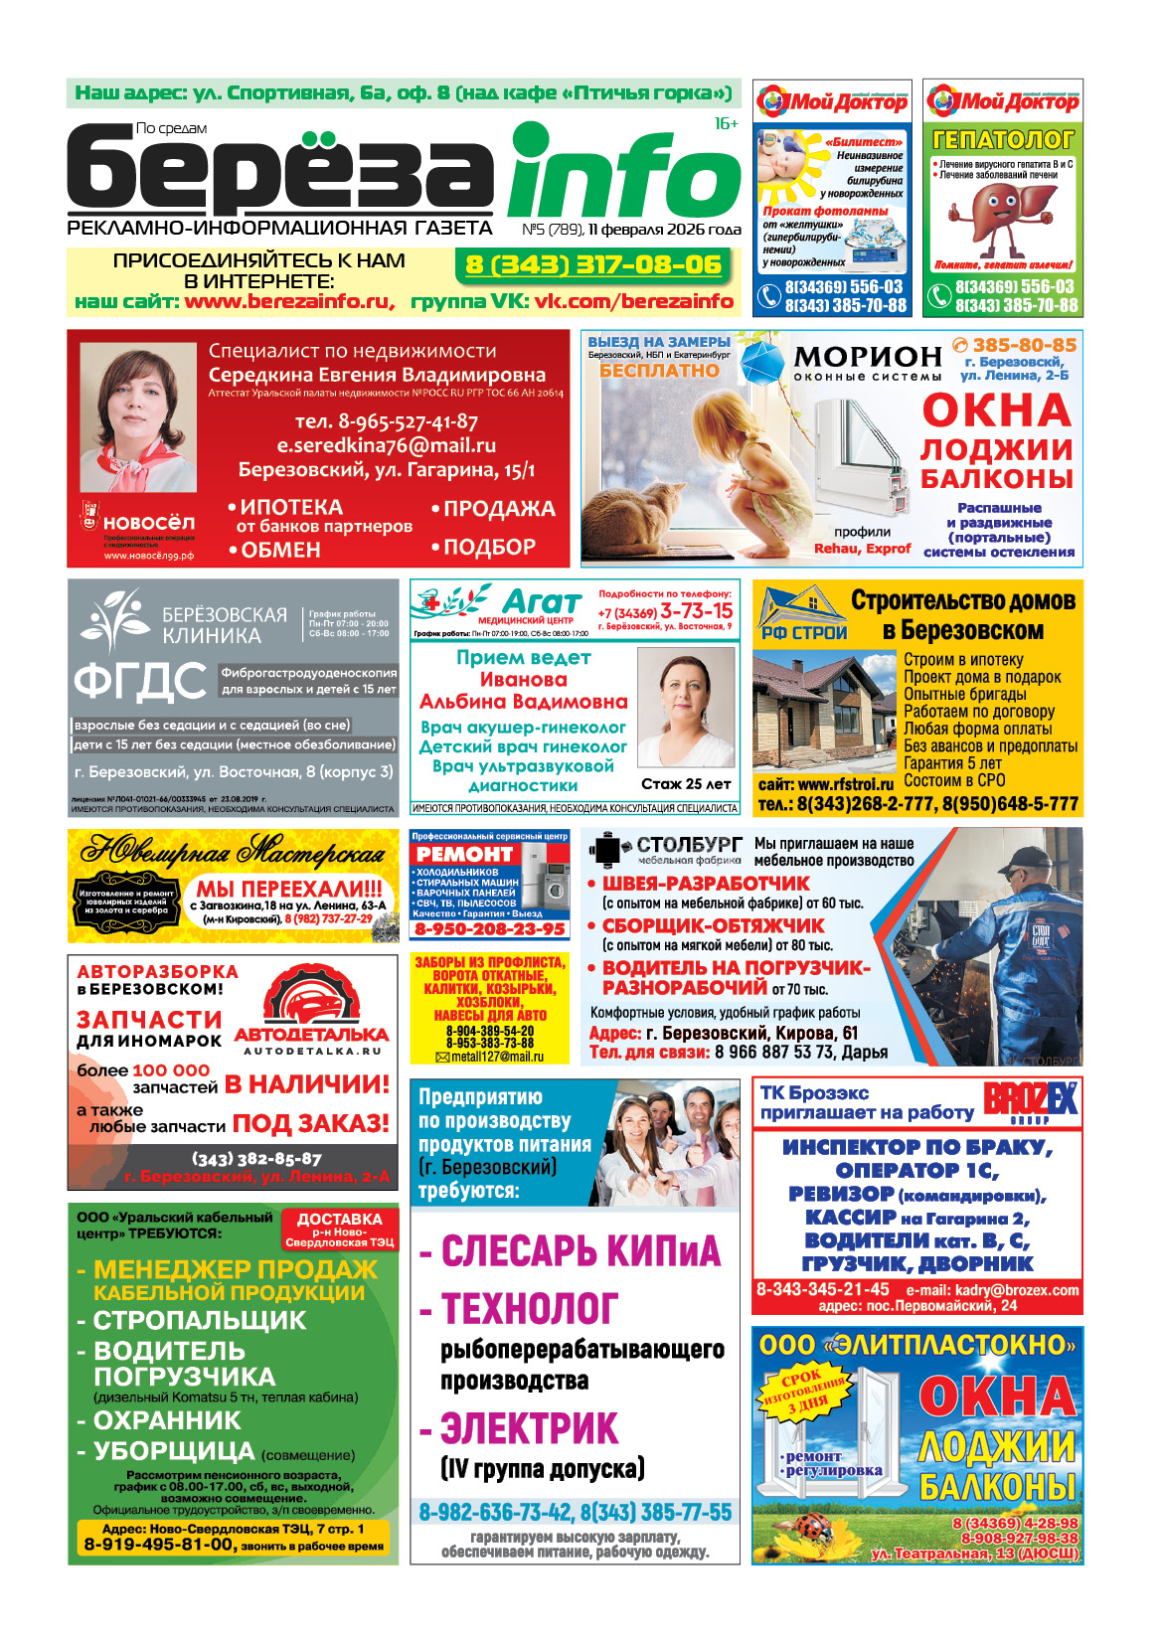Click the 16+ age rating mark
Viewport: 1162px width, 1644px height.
click(726, 124)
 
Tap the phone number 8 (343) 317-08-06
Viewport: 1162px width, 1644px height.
click(593, 264)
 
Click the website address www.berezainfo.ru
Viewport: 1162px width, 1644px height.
click(286, 301)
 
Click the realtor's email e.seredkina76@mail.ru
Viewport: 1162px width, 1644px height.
click(386, 445)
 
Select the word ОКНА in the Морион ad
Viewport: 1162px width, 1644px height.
click(996, 411)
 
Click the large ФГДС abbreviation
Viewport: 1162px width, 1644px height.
click(139, 682)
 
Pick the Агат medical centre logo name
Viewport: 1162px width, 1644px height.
click(542, 601)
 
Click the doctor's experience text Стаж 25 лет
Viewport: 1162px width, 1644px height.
click(686, 784)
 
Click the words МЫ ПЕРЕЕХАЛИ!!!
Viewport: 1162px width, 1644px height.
click(288, 889)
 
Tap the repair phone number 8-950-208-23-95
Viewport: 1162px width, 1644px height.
click(489, 929)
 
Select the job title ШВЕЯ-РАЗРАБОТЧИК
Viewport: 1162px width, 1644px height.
click(706, 884)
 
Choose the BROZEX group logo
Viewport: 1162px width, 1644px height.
click(1031, 1101)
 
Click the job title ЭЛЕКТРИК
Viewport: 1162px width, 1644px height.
click(530, 1428)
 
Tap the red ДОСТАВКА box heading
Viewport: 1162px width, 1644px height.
click(339, 1220)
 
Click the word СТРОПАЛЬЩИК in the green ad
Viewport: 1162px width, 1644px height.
click(199, 1320)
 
